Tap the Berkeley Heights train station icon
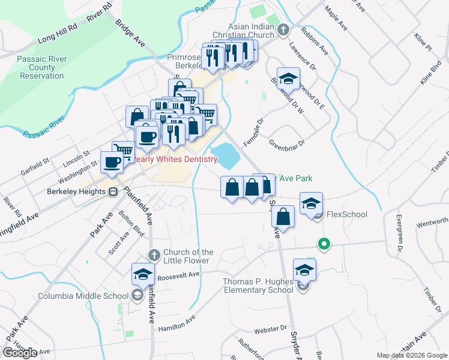(112, 192)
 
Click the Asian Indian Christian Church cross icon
(283, 27)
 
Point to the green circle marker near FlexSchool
(324, 244)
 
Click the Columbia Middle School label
(83, 295)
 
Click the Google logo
(20, 352)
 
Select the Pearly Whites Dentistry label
(174, 159)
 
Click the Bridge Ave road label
(131, 35)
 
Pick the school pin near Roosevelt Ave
(143, 274)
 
